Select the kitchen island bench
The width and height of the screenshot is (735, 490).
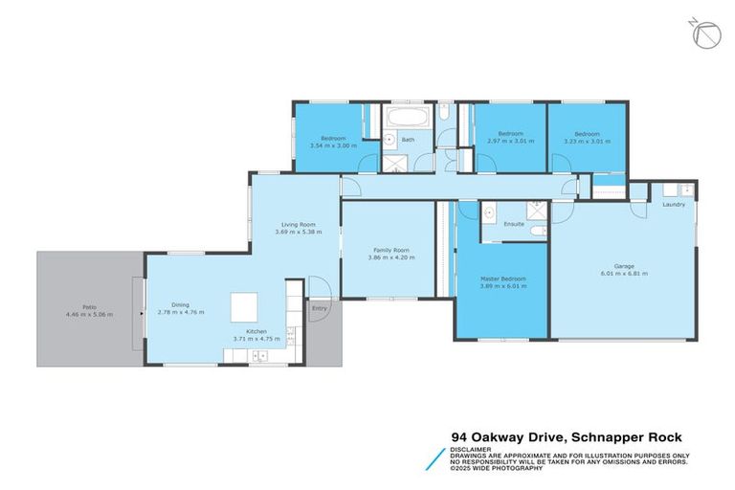coord(244,307)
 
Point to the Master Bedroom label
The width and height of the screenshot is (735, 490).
coord(502,278)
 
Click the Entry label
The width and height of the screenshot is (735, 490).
coord(319,309)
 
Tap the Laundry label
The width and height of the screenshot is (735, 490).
coord(672,204)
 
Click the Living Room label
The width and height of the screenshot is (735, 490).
coord(295,225)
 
